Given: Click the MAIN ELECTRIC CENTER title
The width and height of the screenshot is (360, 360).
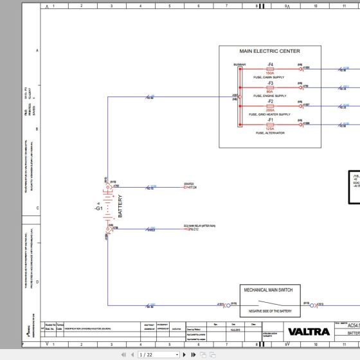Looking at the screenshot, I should (x=270, y=51).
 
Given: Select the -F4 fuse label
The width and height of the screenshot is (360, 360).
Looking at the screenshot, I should (x=271, y=64).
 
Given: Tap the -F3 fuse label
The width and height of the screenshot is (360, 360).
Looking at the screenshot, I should (x=271, y=83).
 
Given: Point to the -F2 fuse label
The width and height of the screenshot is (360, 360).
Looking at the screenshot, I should (x=271, y=101).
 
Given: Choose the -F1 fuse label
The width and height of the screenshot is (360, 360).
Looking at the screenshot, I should (x=271, y=119).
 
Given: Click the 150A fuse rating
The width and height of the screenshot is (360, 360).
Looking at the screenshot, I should (x=271, y=74).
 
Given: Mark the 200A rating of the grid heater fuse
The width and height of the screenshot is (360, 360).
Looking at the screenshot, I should (x=271, y=111).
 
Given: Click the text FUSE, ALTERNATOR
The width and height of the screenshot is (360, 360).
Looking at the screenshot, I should (x=270, y=133).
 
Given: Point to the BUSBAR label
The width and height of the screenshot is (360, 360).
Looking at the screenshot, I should (x=239, y=64).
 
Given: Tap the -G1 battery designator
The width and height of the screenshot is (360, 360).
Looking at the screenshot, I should (x=98, y=190).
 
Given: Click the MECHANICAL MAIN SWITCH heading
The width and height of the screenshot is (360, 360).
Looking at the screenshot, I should (x=267, y=290).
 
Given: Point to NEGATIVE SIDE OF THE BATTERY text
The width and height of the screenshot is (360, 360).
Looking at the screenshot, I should (x=267, y=310).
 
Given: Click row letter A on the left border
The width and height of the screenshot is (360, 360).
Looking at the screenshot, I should (x=37, y=50).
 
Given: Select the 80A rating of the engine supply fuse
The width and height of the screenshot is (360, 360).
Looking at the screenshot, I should (x=271, y=92).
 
